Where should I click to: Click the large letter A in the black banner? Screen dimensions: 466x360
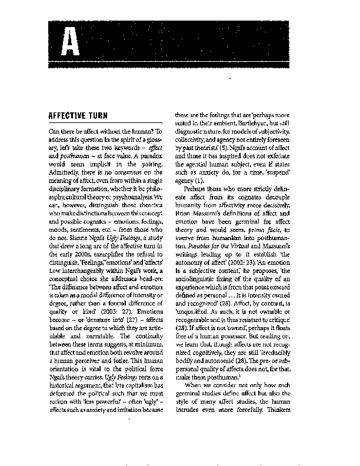(x=70, y=42)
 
